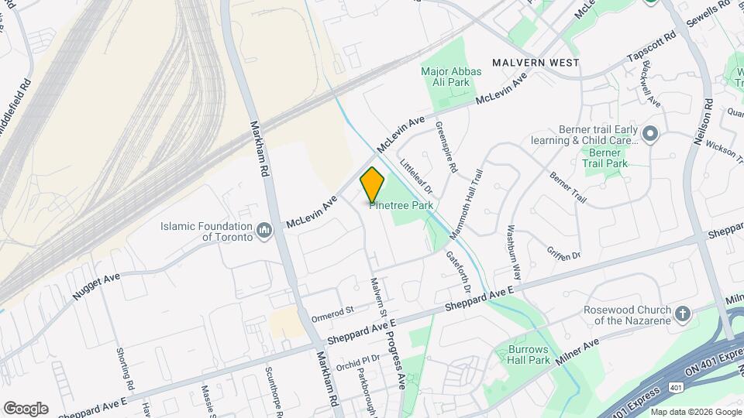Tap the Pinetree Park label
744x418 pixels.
pos(401,206)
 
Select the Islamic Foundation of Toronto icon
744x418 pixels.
pos(265,230)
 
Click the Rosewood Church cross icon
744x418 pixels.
pos(682,313)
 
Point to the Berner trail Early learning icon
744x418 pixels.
pos(649,135)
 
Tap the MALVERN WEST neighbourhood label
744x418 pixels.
pos(536,61)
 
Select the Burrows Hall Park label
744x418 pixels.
pos(529,355)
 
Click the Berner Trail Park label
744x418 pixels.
pos(604,158)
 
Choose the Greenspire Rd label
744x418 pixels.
pos(446,147)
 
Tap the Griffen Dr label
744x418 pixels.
pos(563,251)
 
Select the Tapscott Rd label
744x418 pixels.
pos(646,49)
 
